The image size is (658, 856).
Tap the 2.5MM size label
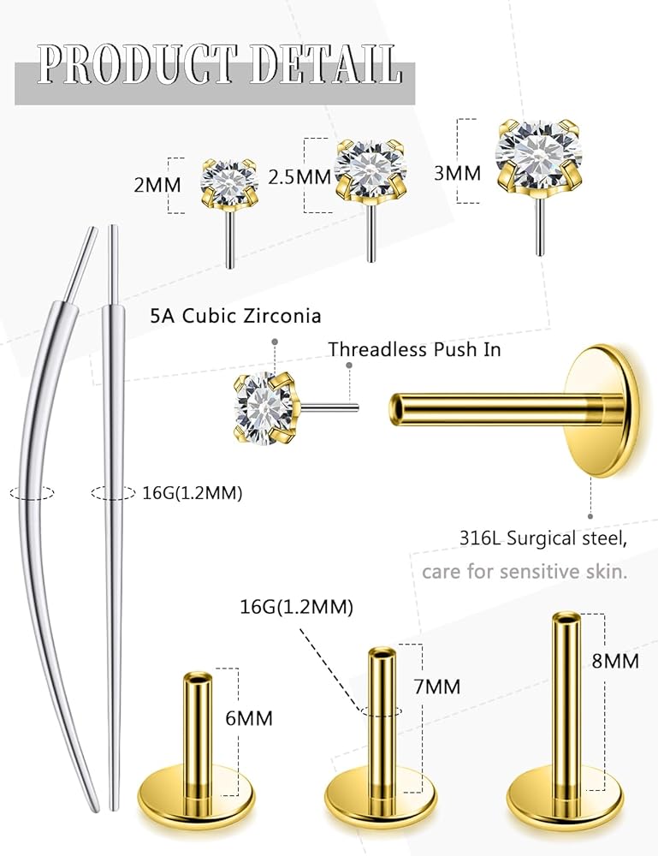[299, 176]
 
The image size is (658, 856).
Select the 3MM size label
[457, 172]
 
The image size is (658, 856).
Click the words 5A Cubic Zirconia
[235, 316]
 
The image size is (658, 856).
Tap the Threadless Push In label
[414, 349]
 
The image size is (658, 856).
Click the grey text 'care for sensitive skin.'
[525, 571]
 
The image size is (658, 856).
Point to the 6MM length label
[249, 717]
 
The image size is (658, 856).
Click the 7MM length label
[436, 687]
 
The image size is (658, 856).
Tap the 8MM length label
[614, 661]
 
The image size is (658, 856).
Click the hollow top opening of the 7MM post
[381, 655]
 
